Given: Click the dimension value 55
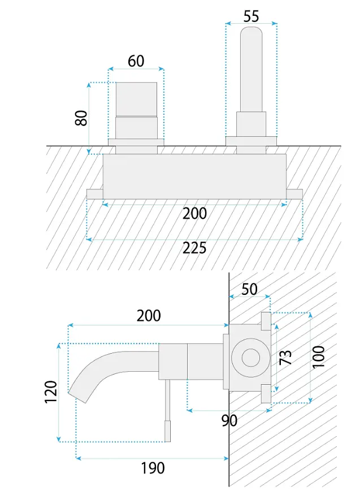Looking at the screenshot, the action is [x=251, y=16].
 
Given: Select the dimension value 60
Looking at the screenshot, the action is [x=136, y=61].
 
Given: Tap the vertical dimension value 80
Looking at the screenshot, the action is [x=81, y=118].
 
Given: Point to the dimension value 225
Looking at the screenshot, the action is [x=194, y=248].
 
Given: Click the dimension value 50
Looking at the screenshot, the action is [x=249, y=289].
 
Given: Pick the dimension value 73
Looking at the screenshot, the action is [x=285, y=358].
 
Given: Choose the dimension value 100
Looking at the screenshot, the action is [x=318, y=357].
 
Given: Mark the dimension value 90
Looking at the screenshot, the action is [x=229, y=420].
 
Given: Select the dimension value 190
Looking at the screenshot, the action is [x=153, y=468].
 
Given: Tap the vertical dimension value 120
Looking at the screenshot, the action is [x=51, y=392].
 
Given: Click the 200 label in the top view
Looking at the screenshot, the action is [x=194, y=214].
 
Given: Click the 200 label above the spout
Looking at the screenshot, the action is [x=149, y=316].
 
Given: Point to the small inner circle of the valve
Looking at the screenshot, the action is [x=251, y=358].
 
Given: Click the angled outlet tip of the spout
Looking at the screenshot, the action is [x=79, y=396].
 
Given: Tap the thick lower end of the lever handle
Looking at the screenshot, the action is [x=167, y=431].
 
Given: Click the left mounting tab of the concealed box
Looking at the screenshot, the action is [x=95, y=194].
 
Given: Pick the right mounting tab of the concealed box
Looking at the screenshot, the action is [x=294, y=194].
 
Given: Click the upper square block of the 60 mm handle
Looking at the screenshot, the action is [x=136, y=99].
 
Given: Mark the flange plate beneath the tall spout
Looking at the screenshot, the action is [x=251, y=141].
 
